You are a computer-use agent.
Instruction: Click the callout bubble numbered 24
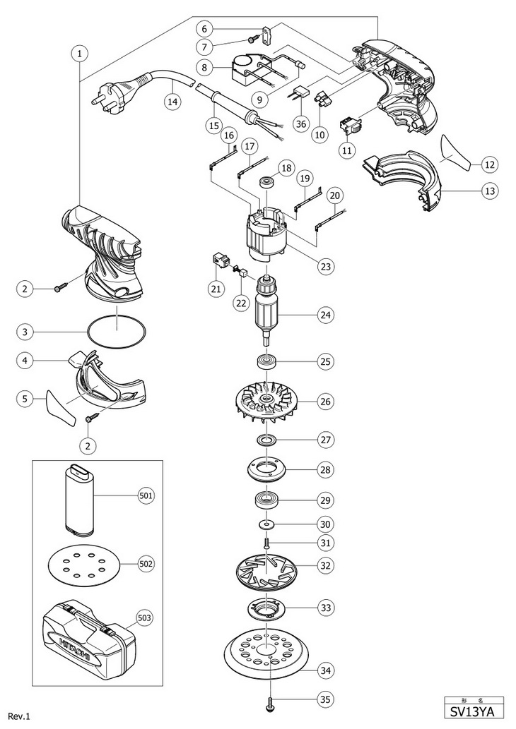(x=325, y=314)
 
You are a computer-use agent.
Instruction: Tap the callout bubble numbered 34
(x=325, y=669)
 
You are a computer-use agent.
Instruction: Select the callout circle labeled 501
(x=146, y=496)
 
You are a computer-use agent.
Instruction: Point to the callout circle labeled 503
(x=146, y=619)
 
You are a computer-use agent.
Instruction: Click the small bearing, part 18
(x=268, y=181)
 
